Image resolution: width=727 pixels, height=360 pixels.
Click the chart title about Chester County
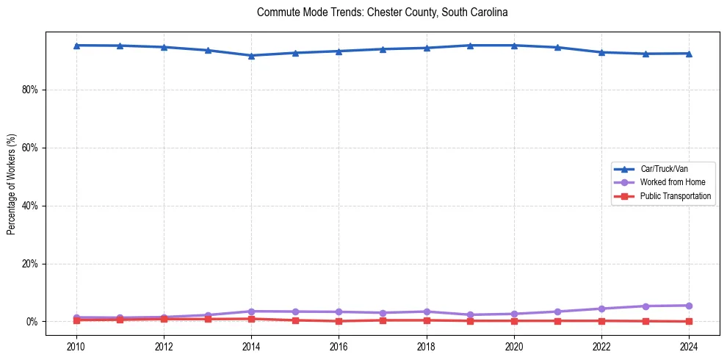tap(382, 12)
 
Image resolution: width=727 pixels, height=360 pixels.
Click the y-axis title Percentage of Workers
tap(12, 184)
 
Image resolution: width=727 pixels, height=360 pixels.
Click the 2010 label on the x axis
tap(76, 346)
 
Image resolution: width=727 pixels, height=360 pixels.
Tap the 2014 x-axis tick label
tap(251, 346)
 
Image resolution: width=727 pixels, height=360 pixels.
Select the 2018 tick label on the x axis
tap(427, 346)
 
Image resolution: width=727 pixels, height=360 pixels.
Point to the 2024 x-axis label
tap(689, 346)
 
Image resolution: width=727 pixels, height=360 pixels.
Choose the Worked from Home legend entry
tap(669, 182)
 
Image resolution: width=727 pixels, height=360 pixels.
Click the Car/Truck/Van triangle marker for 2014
tap(251, 55)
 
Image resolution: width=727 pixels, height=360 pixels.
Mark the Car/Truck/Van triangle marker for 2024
tap(689, 53)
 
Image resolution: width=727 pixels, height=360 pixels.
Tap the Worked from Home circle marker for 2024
tap(689, 306)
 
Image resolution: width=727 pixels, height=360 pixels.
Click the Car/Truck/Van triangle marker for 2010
tap(76, 45)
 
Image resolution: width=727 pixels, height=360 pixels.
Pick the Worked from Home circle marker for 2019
tap(470, 314)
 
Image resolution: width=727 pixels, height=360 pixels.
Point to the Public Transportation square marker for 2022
tap(601, 320)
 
